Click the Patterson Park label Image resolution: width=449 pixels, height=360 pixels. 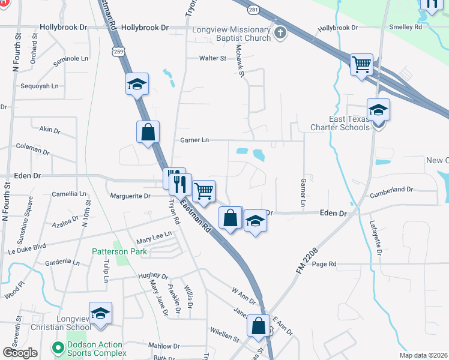pos(119,252)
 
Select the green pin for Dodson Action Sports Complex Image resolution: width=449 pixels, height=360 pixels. pos(58,347)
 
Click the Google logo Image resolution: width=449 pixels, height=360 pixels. pos(20,353)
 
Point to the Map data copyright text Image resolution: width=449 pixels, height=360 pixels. pos(423,355)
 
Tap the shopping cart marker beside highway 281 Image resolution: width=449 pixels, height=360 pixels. pos(361,64)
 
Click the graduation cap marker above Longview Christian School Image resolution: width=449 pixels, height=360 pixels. pos(100,313)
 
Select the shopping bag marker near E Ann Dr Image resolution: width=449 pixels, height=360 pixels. pos(259,326)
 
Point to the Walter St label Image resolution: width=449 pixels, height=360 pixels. pos(212,58)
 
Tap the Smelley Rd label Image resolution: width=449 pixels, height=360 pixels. pos(405,27)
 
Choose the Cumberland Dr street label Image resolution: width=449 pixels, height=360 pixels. pos(391,190)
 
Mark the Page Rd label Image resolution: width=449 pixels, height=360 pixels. pos(324,264)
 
